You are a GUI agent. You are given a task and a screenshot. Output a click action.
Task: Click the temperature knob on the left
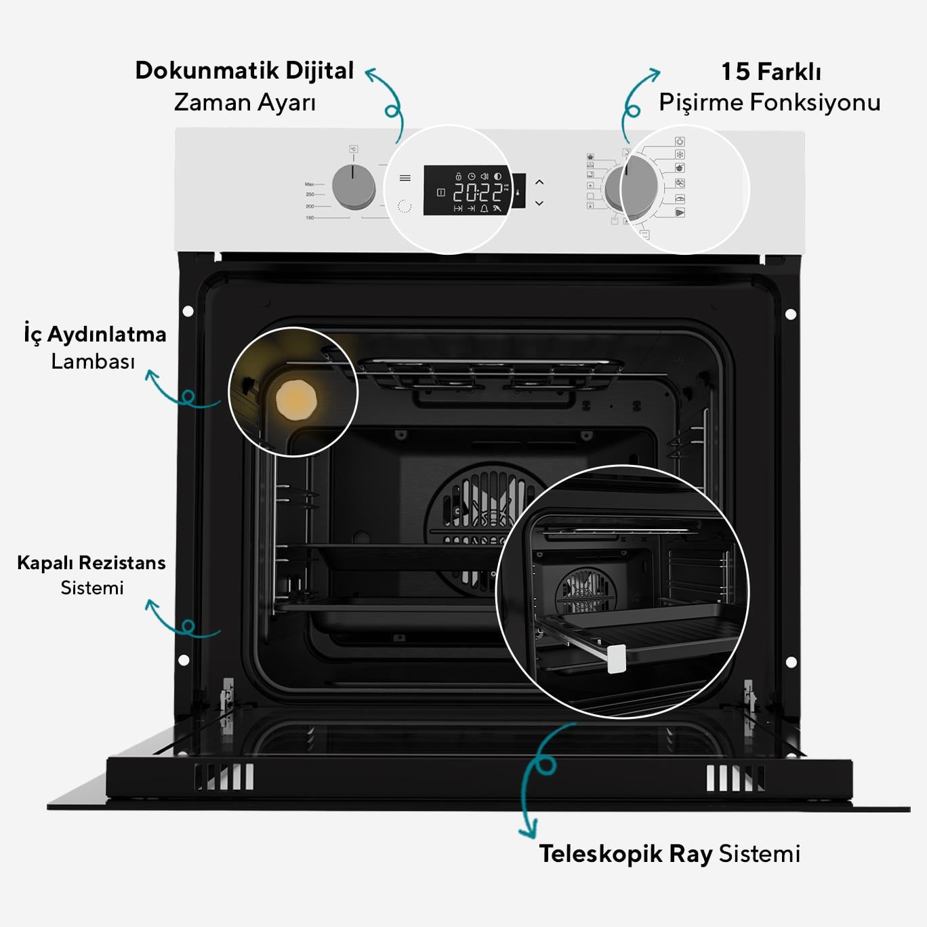[x=353, y=185]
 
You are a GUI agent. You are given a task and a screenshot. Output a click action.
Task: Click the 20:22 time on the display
[x=478, y=193]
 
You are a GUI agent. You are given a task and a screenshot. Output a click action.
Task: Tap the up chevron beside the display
[x=539, y=182]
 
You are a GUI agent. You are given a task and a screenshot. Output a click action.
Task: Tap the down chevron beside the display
[x=539, y=203]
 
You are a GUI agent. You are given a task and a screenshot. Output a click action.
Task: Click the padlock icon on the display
[x=459, y=176]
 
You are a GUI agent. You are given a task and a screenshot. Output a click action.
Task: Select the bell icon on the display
[x=484, y=209]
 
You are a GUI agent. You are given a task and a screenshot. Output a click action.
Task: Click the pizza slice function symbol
[x=680, y=213]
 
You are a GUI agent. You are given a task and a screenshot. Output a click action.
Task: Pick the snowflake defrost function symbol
[x=680, y=154]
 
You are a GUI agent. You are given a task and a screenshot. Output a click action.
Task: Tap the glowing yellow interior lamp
[x=296, y=400]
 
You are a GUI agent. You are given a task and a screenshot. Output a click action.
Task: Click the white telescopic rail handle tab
[x=617, y=659]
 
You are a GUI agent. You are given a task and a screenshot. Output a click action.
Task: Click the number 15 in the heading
[x=735, y=72]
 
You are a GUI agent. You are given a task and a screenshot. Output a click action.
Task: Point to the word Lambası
[x=93, y=362]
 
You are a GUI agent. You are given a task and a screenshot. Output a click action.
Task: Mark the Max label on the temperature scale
[x=309, y=184]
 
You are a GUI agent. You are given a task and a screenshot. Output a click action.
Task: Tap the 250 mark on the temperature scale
[x=310, y=194]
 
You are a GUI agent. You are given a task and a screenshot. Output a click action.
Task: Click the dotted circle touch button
[x=405, y=206]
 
